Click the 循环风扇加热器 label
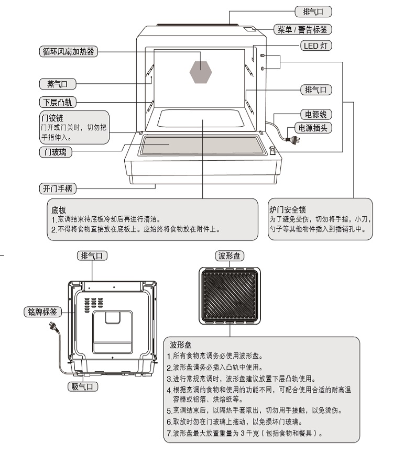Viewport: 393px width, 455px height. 68,52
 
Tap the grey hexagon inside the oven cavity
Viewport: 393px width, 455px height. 200,72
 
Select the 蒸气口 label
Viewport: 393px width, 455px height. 58,84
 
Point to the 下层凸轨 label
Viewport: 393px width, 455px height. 58,102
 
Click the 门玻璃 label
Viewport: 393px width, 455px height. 56,152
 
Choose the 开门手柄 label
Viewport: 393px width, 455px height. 58,188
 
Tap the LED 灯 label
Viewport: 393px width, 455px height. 316,46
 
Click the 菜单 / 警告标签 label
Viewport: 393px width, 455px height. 302,29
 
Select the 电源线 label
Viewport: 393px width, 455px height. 316,114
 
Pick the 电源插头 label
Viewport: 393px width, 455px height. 313,128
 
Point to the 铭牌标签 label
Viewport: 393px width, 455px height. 42,312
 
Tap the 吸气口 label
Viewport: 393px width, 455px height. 82,386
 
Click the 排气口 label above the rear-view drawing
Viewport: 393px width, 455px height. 92,256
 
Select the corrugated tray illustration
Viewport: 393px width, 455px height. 230,295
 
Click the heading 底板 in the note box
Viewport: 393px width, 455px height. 59,210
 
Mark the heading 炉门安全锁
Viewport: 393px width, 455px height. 288,209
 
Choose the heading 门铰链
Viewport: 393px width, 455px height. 52,118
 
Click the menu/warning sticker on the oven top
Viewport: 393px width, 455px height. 249,29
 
